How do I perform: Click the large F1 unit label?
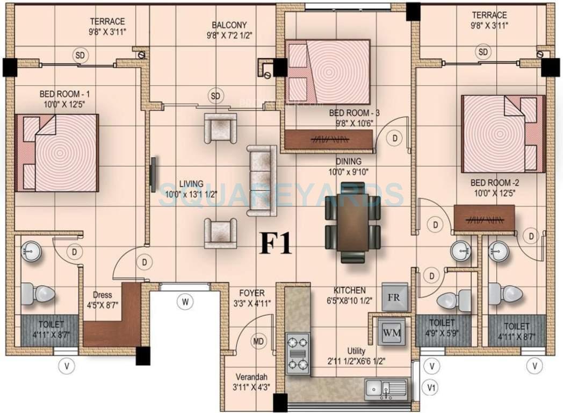point(276,243)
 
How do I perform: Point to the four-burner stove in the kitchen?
point(298,352)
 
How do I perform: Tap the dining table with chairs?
point(352,221)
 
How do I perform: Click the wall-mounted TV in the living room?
point(153,175)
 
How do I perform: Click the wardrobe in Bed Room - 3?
point(328,140)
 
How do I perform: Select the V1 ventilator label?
point(431,387)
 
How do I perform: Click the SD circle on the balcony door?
point(215,96)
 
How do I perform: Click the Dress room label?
point(102,295)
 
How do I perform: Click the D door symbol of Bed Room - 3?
point(395,138)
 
